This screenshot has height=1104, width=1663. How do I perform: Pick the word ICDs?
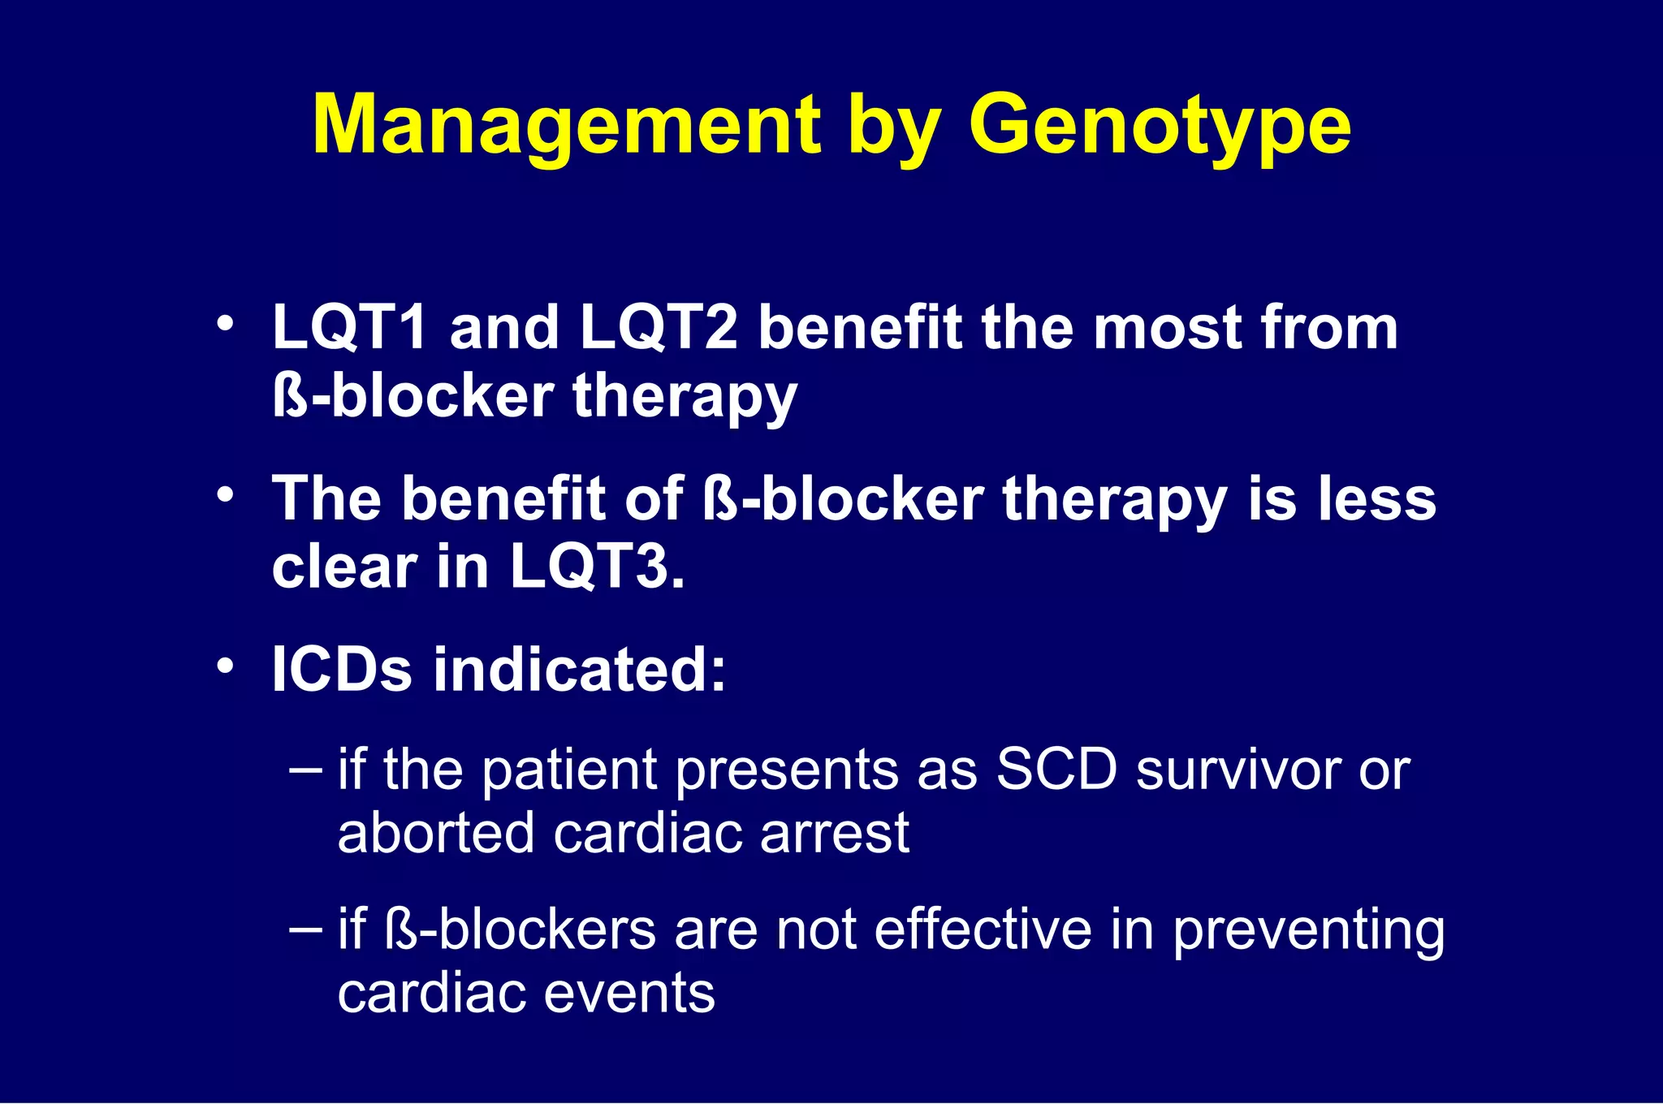pyautogui.click(x=342, y=670)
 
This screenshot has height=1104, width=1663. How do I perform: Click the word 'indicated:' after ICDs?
pyautogui.click(x=579, y=670)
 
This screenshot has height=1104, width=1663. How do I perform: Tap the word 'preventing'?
pyautogui.click(x=1308, y=932)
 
